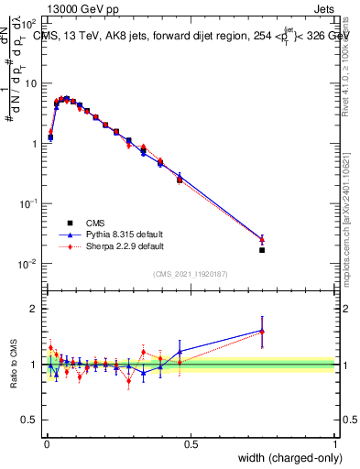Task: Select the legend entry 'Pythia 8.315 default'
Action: [x=127, y=234]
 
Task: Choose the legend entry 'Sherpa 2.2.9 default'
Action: [x=127, y=246]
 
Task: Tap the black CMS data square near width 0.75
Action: [x=262, y=250]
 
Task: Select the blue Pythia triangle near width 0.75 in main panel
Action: [x=262, y=239]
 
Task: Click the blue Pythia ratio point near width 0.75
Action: [x=262, y=331]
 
